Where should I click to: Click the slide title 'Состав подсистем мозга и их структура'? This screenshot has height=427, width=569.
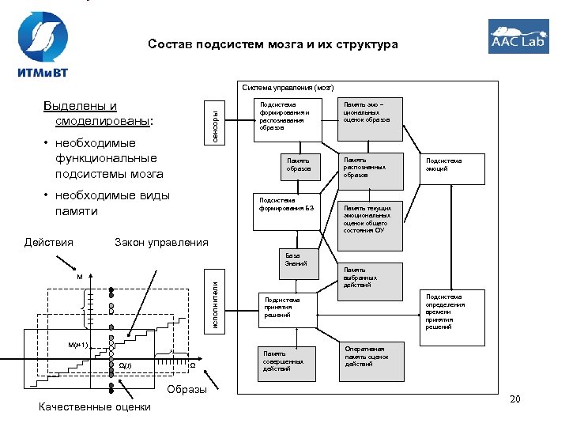click(273, 45)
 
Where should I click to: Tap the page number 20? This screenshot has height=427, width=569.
click(515, 399)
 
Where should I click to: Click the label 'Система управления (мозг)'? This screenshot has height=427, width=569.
click(288, 87)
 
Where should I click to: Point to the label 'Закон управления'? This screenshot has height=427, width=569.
click(161, 242)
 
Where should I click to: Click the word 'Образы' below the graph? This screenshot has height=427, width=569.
click(187, 389)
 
